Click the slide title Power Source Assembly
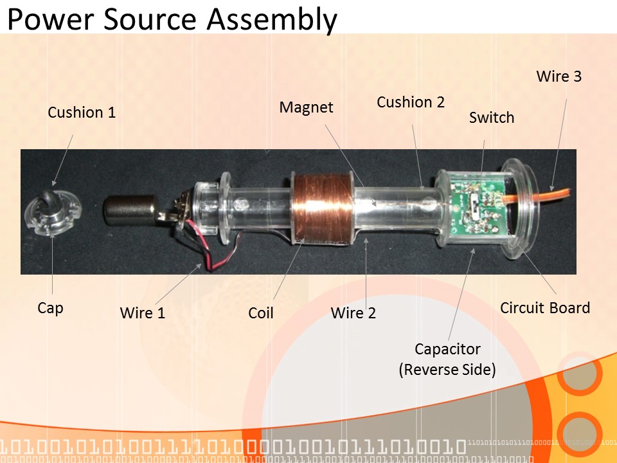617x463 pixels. click(x=172, y=19)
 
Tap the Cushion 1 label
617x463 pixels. click(x=82, y=113)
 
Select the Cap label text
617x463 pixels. click(x=50, y=308)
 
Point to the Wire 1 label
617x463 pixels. click(x=142, y=313)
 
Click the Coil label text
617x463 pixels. click(x=261, y=313)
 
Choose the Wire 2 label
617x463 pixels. click(x=353, y=313)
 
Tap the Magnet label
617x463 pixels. click(x=306, y=107)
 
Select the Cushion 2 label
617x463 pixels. click(x=411, y=102)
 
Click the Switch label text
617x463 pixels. click(x=492, y=118)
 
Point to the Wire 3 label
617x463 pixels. click(x=559, y=77)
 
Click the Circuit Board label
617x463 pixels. click(x=545, y=308)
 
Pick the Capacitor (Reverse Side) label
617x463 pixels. click(x=447, y=359)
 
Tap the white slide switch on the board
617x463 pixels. click(x=474, y=205)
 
